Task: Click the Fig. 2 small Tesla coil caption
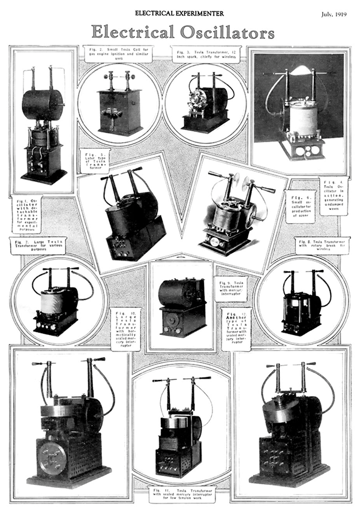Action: [118, 53]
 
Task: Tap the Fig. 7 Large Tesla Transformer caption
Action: [38, 245]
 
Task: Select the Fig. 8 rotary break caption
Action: [323, 245]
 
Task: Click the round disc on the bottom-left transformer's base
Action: [52, 458]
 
